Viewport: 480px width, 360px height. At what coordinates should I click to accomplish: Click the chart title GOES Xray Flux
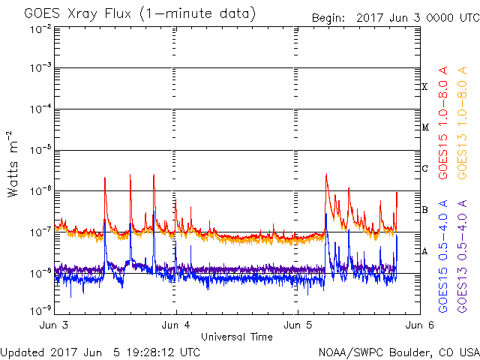77,13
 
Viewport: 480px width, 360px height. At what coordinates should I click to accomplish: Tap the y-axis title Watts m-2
13,164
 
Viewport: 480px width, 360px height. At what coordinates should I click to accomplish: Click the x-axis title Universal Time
237,337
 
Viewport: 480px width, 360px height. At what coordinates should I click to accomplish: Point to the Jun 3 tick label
54,325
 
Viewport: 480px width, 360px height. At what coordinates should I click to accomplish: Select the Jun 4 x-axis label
175,325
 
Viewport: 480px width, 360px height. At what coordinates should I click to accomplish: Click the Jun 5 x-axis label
298,325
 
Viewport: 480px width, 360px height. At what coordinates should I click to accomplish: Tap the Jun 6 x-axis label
420,325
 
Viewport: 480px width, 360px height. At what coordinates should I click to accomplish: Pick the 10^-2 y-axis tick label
40,29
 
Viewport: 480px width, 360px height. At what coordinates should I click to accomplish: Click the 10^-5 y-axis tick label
40,150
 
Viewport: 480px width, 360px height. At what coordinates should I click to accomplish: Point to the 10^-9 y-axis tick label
40,311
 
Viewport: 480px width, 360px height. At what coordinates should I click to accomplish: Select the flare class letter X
424,87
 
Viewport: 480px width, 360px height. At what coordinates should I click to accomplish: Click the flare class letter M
425,127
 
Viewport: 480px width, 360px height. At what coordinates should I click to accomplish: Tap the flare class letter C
424,168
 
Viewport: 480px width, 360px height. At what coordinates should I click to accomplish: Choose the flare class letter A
424,251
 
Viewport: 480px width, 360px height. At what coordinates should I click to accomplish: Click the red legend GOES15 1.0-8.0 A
443,123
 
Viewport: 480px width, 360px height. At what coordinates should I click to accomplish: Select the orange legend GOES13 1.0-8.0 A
462,123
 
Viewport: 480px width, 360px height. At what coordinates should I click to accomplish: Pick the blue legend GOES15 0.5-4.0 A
443,256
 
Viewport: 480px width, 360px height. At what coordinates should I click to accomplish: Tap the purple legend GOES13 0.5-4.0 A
462,256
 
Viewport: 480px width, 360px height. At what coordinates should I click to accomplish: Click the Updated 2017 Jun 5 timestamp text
100,352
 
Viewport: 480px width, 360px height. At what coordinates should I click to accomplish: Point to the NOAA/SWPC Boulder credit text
399,352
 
